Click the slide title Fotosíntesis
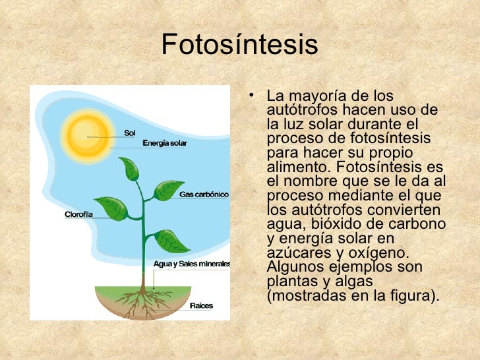[x=240, y=45]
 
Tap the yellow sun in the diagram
[x=84, y=133]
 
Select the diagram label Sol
[x=130, y=133]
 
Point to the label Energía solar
[x=165, y=143]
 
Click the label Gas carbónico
[x=204, y=195]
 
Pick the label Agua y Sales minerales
[x=191, y=264]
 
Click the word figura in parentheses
[x=414, y=295]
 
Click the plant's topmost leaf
[x=130, y=169]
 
